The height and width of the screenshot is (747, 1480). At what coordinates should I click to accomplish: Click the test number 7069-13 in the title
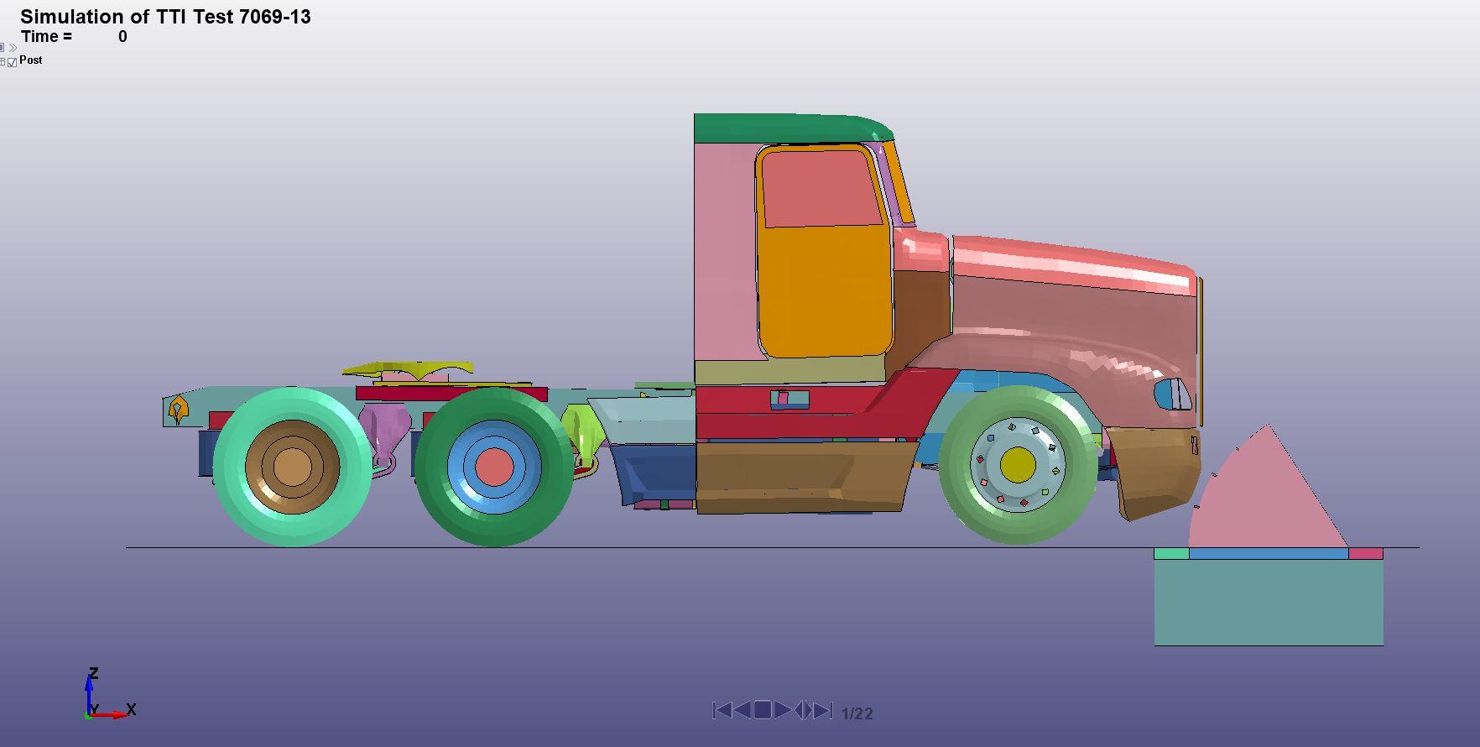274,17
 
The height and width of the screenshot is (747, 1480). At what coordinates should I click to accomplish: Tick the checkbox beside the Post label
13,62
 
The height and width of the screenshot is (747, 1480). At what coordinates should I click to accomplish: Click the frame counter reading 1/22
857,713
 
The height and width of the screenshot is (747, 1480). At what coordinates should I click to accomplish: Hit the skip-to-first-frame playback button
722,710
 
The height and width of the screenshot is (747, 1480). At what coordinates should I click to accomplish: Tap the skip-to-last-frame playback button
823,710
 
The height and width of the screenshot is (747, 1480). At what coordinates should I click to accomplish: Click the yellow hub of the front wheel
1018,464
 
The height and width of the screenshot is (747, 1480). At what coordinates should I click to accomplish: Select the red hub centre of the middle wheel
494,467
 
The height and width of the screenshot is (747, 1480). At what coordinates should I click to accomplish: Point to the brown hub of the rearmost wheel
292,467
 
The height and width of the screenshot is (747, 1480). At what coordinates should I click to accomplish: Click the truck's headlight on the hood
1173,394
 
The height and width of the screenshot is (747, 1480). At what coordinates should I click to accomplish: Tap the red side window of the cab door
821,189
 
